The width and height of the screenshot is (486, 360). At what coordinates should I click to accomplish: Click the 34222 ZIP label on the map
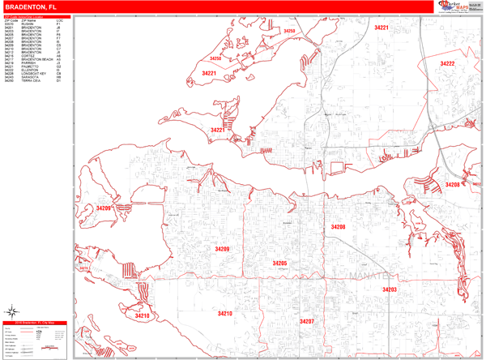pyautogui.click(x=447, y=63)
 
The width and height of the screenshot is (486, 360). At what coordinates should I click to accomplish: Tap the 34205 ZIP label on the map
pyautogui.click(x=279, y=264)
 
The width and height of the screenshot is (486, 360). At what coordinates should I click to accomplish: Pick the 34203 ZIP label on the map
pyautogui.click(x=390, y=289)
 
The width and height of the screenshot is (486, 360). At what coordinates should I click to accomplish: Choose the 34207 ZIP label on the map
pyautogui.click(x=306, y=321)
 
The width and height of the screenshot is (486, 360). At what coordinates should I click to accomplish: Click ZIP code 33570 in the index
pyautogui.click(x=9, y=24)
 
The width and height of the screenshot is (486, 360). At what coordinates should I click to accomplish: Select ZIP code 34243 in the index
pyautogui.click(x=9, y=77)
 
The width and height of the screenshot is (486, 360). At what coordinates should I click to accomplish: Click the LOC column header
pyautogui.click(x=60, y=20)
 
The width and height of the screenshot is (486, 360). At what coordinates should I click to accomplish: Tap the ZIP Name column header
pyautogui.click(x=28, y=20)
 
